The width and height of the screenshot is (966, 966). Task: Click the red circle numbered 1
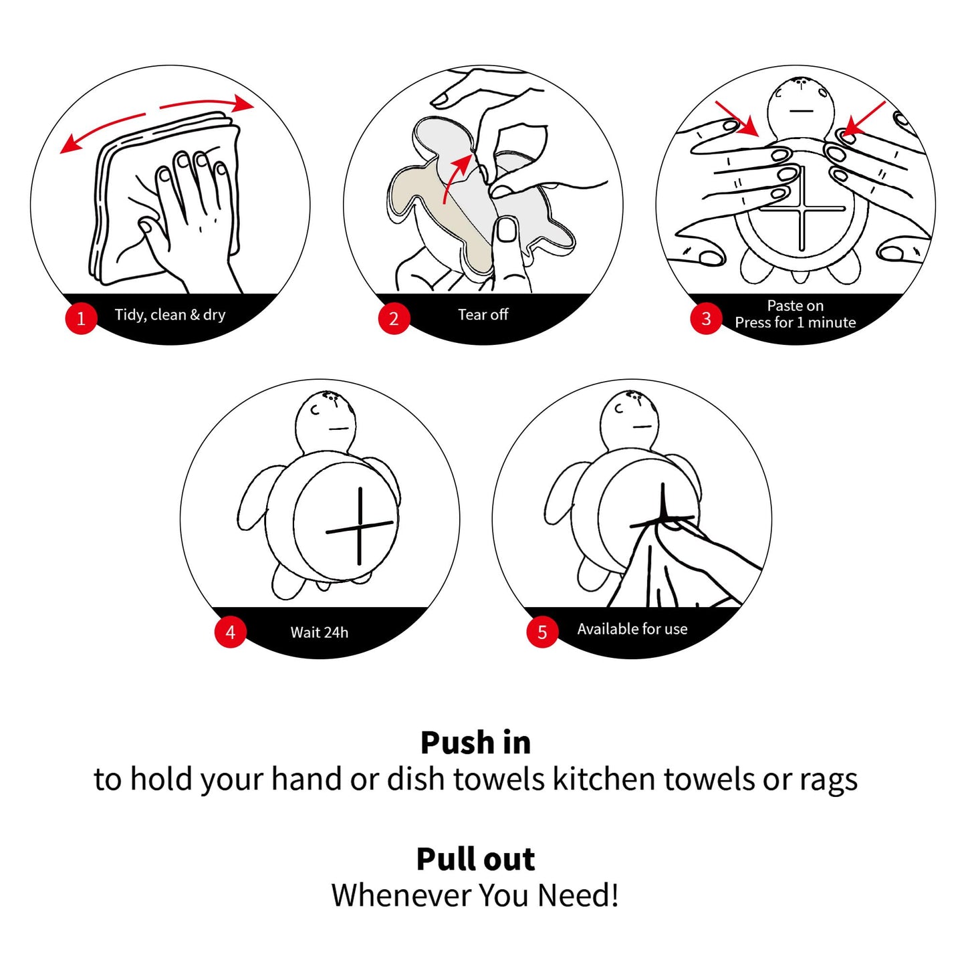point(81,318)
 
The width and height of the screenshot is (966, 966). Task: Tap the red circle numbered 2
point(394,318)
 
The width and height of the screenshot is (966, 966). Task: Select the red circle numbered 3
point(706,318)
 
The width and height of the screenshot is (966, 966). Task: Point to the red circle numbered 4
point(230,632)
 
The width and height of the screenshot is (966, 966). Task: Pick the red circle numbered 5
point(542,632)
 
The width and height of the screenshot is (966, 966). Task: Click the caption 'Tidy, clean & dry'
point(170,315)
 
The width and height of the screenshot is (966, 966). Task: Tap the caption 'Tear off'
point(483,314)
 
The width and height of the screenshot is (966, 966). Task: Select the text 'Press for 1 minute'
point(795,322)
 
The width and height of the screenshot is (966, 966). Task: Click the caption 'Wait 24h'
point(320,632)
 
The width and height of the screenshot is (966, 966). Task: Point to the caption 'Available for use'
point(632,628)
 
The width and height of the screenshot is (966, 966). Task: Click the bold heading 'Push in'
point(475,743)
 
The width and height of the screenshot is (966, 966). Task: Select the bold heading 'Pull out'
point(475,859)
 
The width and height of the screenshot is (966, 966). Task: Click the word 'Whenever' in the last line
point(400,895)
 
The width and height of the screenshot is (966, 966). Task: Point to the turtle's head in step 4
point(326,420)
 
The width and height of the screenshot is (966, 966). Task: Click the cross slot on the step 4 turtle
point(360,526)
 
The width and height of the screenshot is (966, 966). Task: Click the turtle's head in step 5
point(630,420)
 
